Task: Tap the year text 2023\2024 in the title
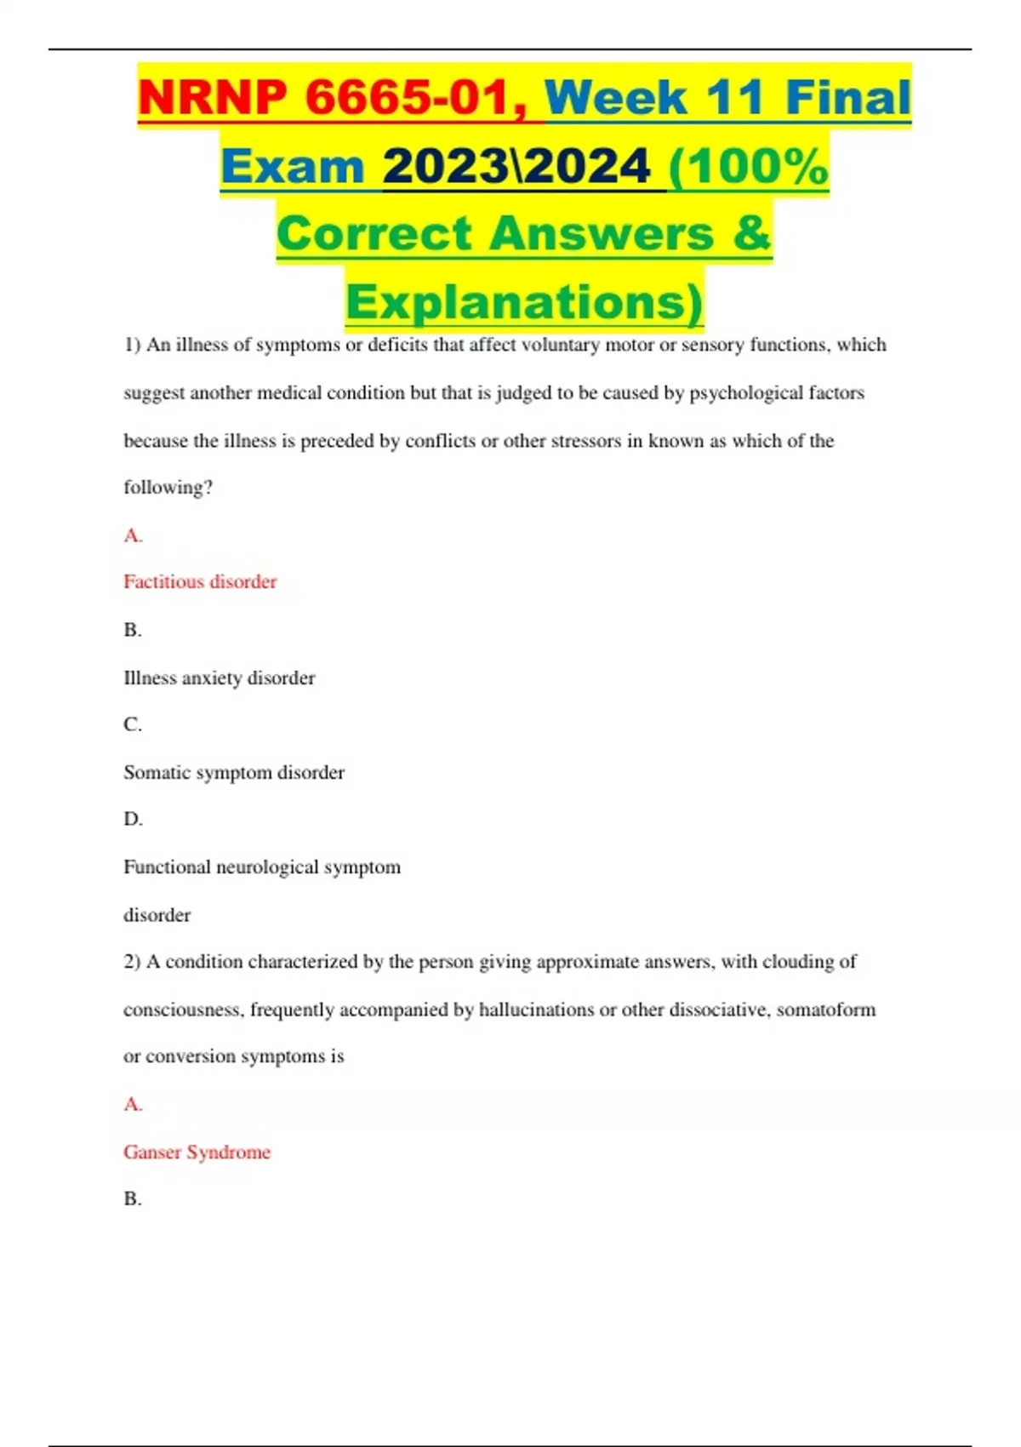(x=516, y=166)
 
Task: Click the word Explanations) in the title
(x=524, y=302)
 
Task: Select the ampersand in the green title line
(x=750, y=233)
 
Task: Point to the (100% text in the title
(x=748, y=166)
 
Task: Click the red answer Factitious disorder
(x=200, y=582)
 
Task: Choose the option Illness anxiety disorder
(x=219, y=678)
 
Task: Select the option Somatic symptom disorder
(x=234, y=773)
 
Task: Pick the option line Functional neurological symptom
(x=262, y=867)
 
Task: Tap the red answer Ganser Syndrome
(x=197, y=1152)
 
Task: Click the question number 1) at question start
(x=132, y=346)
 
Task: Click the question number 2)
(x=132, y=962)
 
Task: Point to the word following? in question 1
(x=168, y=488)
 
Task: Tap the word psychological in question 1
(x=745, y=393)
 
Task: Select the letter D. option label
(x=133, y=820)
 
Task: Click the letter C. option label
(x=133, y=725)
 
